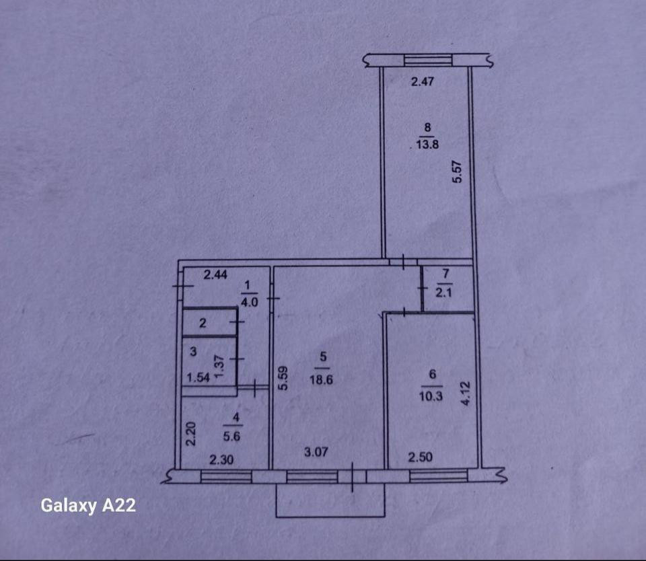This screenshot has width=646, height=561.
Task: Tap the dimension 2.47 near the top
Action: [425, 83]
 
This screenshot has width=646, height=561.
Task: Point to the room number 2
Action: [203, 324]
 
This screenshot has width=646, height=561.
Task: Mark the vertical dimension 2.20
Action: [190, 434]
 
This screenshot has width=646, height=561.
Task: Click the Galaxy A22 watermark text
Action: [88, 505]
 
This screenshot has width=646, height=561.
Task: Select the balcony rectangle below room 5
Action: [330, 500]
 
